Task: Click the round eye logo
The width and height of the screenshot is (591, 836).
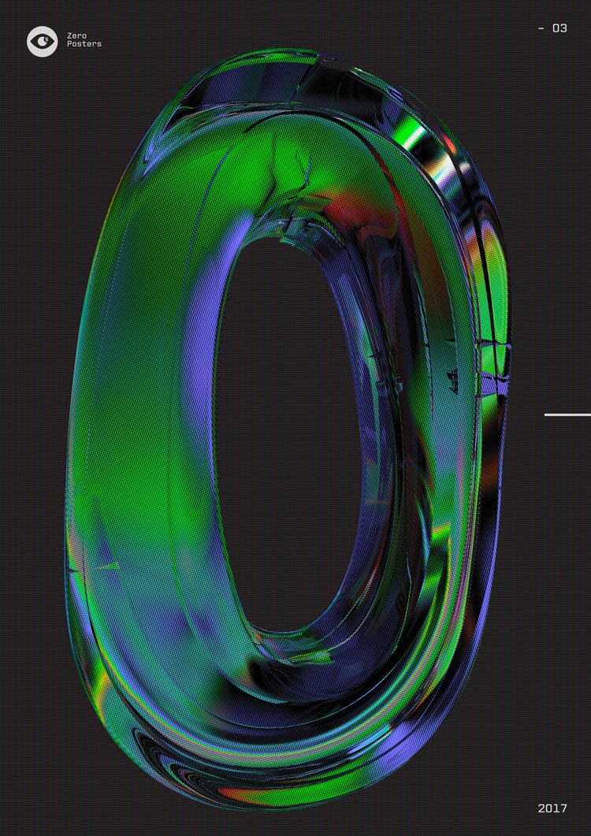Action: point(42,41)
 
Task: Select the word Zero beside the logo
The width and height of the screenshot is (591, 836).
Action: point(76,35)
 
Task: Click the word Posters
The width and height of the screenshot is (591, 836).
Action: point(84,44)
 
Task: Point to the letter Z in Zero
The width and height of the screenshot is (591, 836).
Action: point(70,35)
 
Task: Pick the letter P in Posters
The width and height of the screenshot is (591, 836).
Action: point(70,44)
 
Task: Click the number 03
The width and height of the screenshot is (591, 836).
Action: point(559,28)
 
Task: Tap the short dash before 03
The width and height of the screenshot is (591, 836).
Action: point(541,29)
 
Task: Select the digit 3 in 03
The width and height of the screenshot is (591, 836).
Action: point(563,28)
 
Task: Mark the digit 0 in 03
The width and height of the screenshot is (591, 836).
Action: point(556,28)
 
